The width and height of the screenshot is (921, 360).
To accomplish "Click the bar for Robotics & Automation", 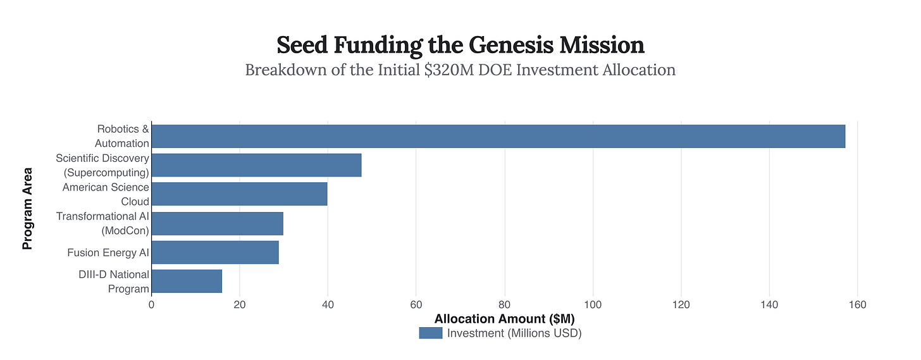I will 498,136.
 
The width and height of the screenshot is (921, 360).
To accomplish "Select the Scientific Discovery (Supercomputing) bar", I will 256,165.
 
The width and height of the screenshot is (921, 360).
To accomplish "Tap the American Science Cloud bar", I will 239,194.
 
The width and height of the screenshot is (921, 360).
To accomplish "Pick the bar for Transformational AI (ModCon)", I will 217,223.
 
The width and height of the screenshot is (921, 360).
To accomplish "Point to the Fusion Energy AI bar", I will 215,252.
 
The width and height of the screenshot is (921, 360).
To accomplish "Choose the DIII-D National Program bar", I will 187,282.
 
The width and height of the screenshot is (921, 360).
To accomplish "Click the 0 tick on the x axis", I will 151,305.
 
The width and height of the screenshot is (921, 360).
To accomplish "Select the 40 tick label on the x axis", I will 328,305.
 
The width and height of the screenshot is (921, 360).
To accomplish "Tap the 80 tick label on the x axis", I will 504,305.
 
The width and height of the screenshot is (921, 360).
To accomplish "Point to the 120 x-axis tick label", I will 681,305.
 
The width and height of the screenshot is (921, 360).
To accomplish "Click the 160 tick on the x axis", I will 857,305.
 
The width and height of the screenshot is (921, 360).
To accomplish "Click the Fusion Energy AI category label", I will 108,253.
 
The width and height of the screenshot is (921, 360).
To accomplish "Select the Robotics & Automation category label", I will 123,136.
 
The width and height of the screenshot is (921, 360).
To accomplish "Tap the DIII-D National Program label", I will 114,282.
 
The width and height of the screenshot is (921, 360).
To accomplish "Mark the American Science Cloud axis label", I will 106,194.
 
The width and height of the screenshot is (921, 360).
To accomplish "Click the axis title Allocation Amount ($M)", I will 504,319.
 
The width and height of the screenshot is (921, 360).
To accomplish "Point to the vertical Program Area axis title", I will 28,208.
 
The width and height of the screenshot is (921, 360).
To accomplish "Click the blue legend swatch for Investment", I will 430,333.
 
